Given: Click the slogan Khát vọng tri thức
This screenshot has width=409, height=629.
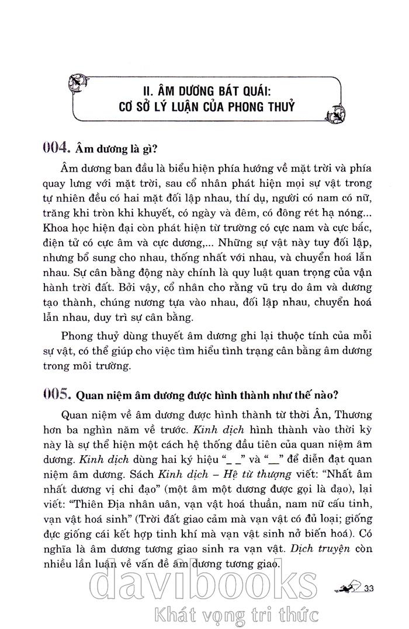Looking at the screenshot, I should click(233, 614).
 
